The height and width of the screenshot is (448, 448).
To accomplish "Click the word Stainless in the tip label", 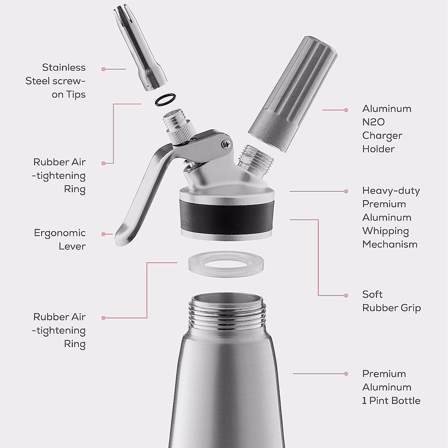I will [63, 68].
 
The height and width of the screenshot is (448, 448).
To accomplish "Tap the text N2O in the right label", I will [373, 122].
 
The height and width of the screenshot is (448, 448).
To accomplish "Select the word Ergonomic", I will [60, 233].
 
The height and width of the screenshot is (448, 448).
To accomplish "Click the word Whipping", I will [385, 231].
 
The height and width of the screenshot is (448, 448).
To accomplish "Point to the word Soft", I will [372, 295].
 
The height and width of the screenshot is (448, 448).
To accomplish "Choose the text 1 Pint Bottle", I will [391, 401].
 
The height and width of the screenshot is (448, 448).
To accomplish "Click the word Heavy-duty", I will [391, 191].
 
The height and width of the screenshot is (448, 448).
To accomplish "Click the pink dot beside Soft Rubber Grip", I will [346, 295].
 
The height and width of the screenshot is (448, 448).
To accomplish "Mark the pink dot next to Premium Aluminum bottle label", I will [346, 373].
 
